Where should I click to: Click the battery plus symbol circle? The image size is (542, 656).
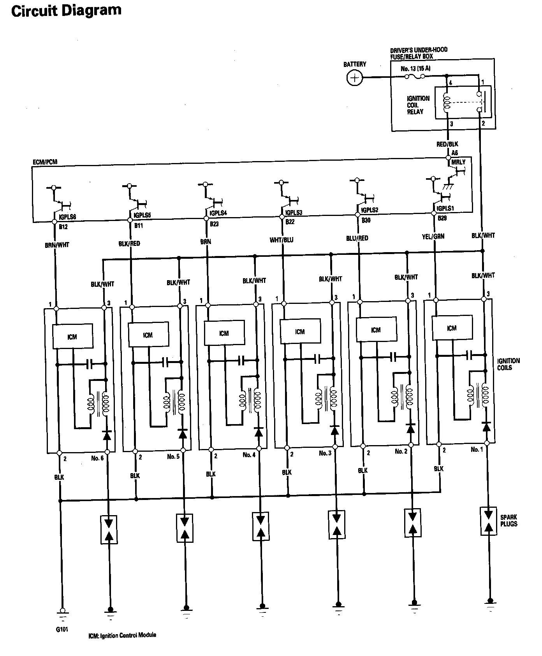(x=354, y=78)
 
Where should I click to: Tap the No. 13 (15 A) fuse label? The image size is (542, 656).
(x=415, y=68)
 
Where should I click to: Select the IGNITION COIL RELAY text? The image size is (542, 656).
(x=418, y=105)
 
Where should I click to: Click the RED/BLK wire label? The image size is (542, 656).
(x=447, y=144)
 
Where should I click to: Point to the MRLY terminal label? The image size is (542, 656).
(x=458, y=162)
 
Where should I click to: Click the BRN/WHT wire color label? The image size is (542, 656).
(x=56, y=245)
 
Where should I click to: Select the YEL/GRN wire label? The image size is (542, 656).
(x=433, y=236)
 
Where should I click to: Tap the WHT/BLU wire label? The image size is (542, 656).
(x=282, y=240)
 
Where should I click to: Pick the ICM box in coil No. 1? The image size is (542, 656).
(x=452, y=328)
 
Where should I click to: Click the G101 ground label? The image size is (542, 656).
(x=62, y=629)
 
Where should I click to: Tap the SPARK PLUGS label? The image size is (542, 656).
(x=509, y=521)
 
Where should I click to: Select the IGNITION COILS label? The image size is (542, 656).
(x=508, y=364)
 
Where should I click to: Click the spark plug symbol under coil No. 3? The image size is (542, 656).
(x=337, y=524)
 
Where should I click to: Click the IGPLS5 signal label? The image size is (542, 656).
(x=142, y=215)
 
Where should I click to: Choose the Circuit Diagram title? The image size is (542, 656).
(x=66, y=11)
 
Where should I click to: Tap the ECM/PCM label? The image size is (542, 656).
(x=45, y=162)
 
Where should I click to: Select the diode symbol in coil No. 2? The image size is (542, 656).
(x=410, y=428)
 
